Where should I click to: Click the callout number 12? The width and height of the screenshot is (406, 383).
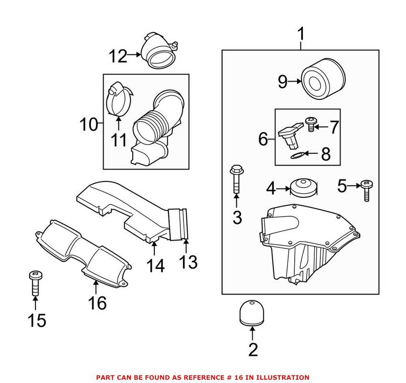[x=118, y=56]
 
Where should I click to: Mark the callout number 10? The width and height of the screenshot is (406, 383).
[x=89, y=125]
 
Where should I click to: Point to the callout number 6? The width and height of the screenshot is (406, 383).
[x=264, y=139]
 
